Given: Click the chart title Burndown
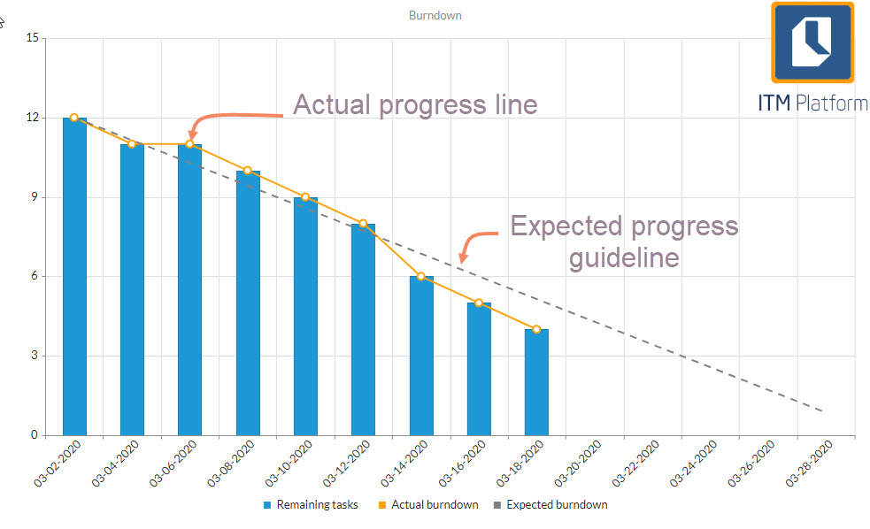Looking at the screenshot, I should pos(435,15).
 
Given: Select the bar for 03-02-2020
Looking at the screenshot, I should pos(74,276).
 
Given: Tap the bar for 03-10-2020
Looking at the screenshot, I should pos(305,316).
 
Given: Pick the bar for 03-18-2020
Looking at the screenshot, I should pos(536,382).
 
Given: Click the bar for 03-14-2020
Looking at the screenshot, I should pos(421,356).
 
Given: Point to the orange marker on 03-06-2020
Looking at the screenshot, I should pos(189,144).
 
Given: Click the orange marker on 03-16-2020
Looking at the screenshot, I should pos(479,303).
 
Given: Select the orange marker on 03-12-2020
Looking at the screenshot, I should pos(363,224).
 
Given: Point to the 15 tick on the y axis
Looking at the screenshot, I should pos(32,38).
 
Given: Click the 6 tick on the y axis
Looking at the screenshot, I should pos(35,276).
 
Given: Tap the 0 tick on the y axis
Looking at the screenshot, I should pos(35,435).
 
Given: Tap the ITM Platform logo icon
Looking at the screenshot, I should pos(812,42).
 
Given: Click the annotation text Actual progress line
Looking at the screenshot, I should pos(415,104).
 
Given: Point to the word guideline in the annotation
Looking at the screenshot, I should pos(623,257).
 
